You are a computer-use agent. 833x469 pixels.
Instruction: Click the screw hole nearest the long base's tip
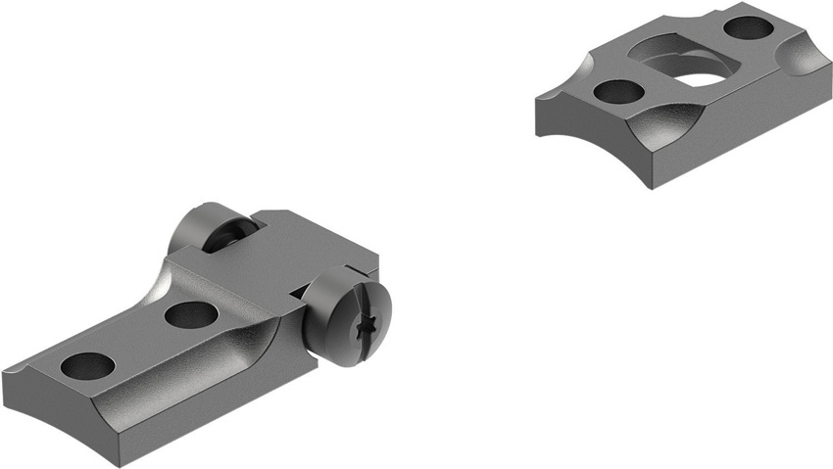[x=87, y=365]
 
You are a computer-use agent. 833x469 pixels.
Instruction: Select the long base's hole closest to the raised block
[x=191, y=314]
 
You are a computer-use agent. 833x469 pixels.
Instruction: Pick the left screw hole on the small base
[x=619, y=92]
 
